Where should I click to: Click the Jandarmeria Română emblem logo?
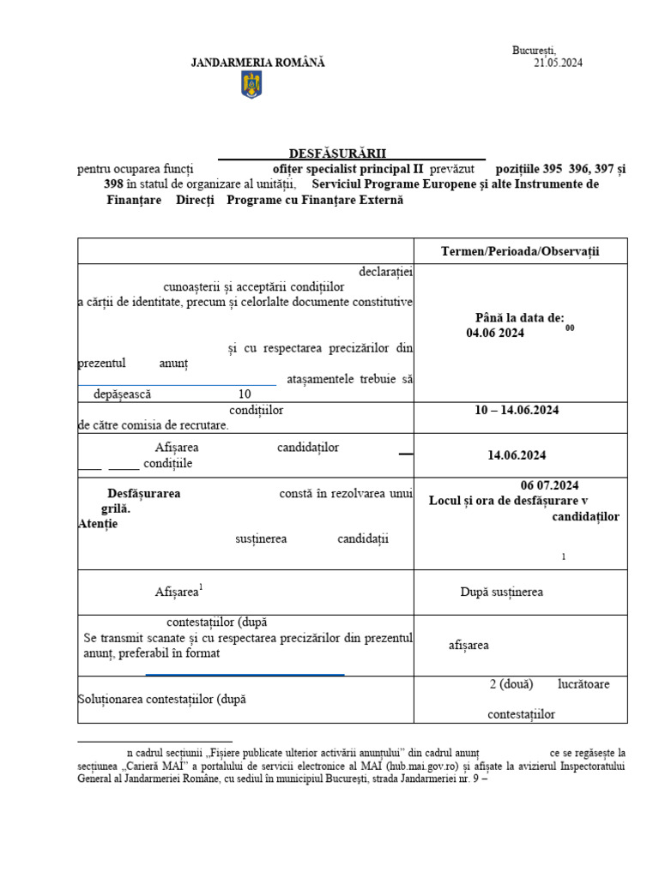(x=251, y=85)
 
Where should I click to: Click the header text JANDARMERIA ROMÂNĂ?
(x=257, y=63)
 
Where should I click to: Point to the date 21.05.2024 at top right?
(x=558, y=63)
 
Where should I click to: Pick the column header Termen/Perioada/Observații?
(x=520, y=251)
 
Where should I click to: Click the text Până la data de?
(x=520, y=317)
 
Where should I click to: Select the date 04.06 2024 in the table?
(x=490, y=333)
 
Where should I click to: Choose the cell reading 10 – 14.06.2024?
(x=517, y=410)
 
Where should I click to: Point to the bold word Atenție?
(x=97, y=524)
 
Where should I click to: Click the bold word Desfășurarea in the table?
(x=143, y=494)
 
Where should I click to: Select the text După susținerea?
(x=501, y=591)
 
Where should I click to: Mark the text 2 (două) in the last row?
(x=511, y=684)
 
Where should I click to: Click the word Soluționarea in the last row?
(x=112, y=699)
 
